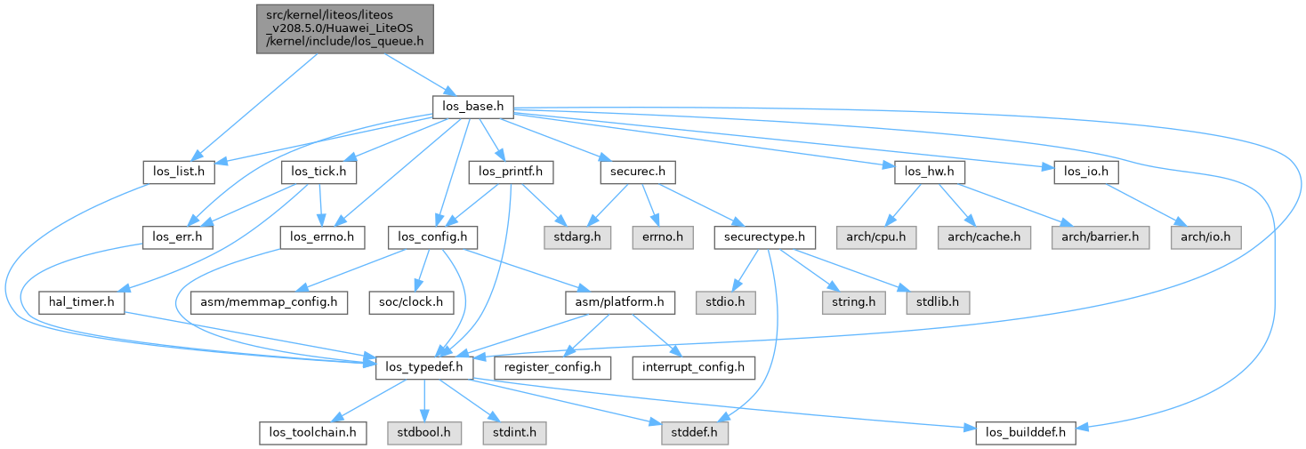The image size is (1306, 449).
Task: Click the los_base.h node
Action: click(x=472, y=107)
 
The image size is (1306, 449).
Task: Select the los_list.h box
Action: click(x=179, y=172)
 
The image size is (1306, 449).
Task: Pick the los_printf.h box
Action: click(x=512, y=172)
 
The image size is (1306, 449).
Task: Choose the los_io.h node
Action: click(x=1079, y=172)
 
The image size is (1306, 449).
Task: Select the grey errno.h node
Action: click(x=657, y=237)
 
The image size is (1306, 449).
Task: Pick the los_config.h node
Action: click(x=433, y=237)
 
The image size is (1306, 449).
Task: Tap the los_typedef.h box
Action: click(x=423, y=368)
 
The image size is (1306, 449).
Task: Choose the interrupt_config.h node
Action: click(x=694, y=368)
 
